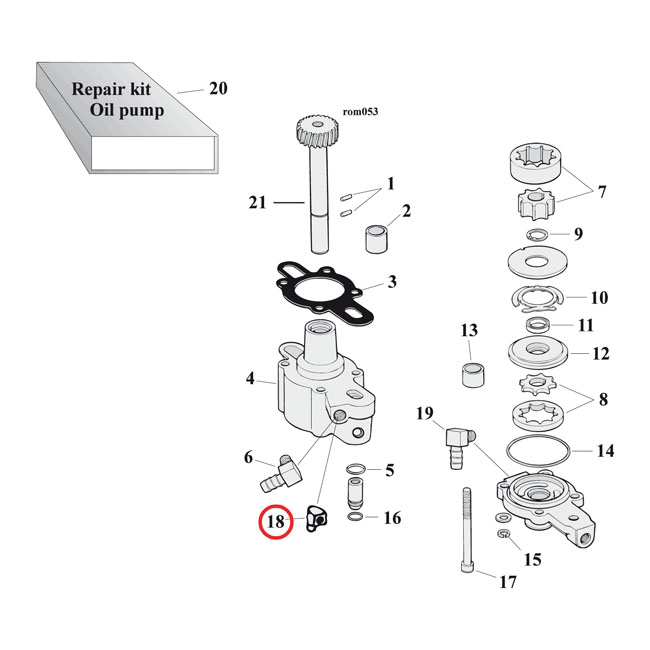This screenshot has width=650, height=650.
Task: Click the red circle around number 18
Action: pos(275,522)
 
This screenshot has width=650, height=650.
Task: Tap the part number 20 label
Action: pos(218,88)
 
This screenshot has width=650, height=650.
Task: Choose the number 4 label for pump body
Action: pos(251,379)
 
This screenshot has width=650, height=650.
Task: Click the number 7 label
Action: pos(602,191)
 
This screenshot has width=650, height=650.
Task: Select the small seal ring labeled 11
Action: pos(539,324)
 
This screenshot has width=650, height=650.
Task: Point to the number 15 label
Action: pos(532,559)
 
